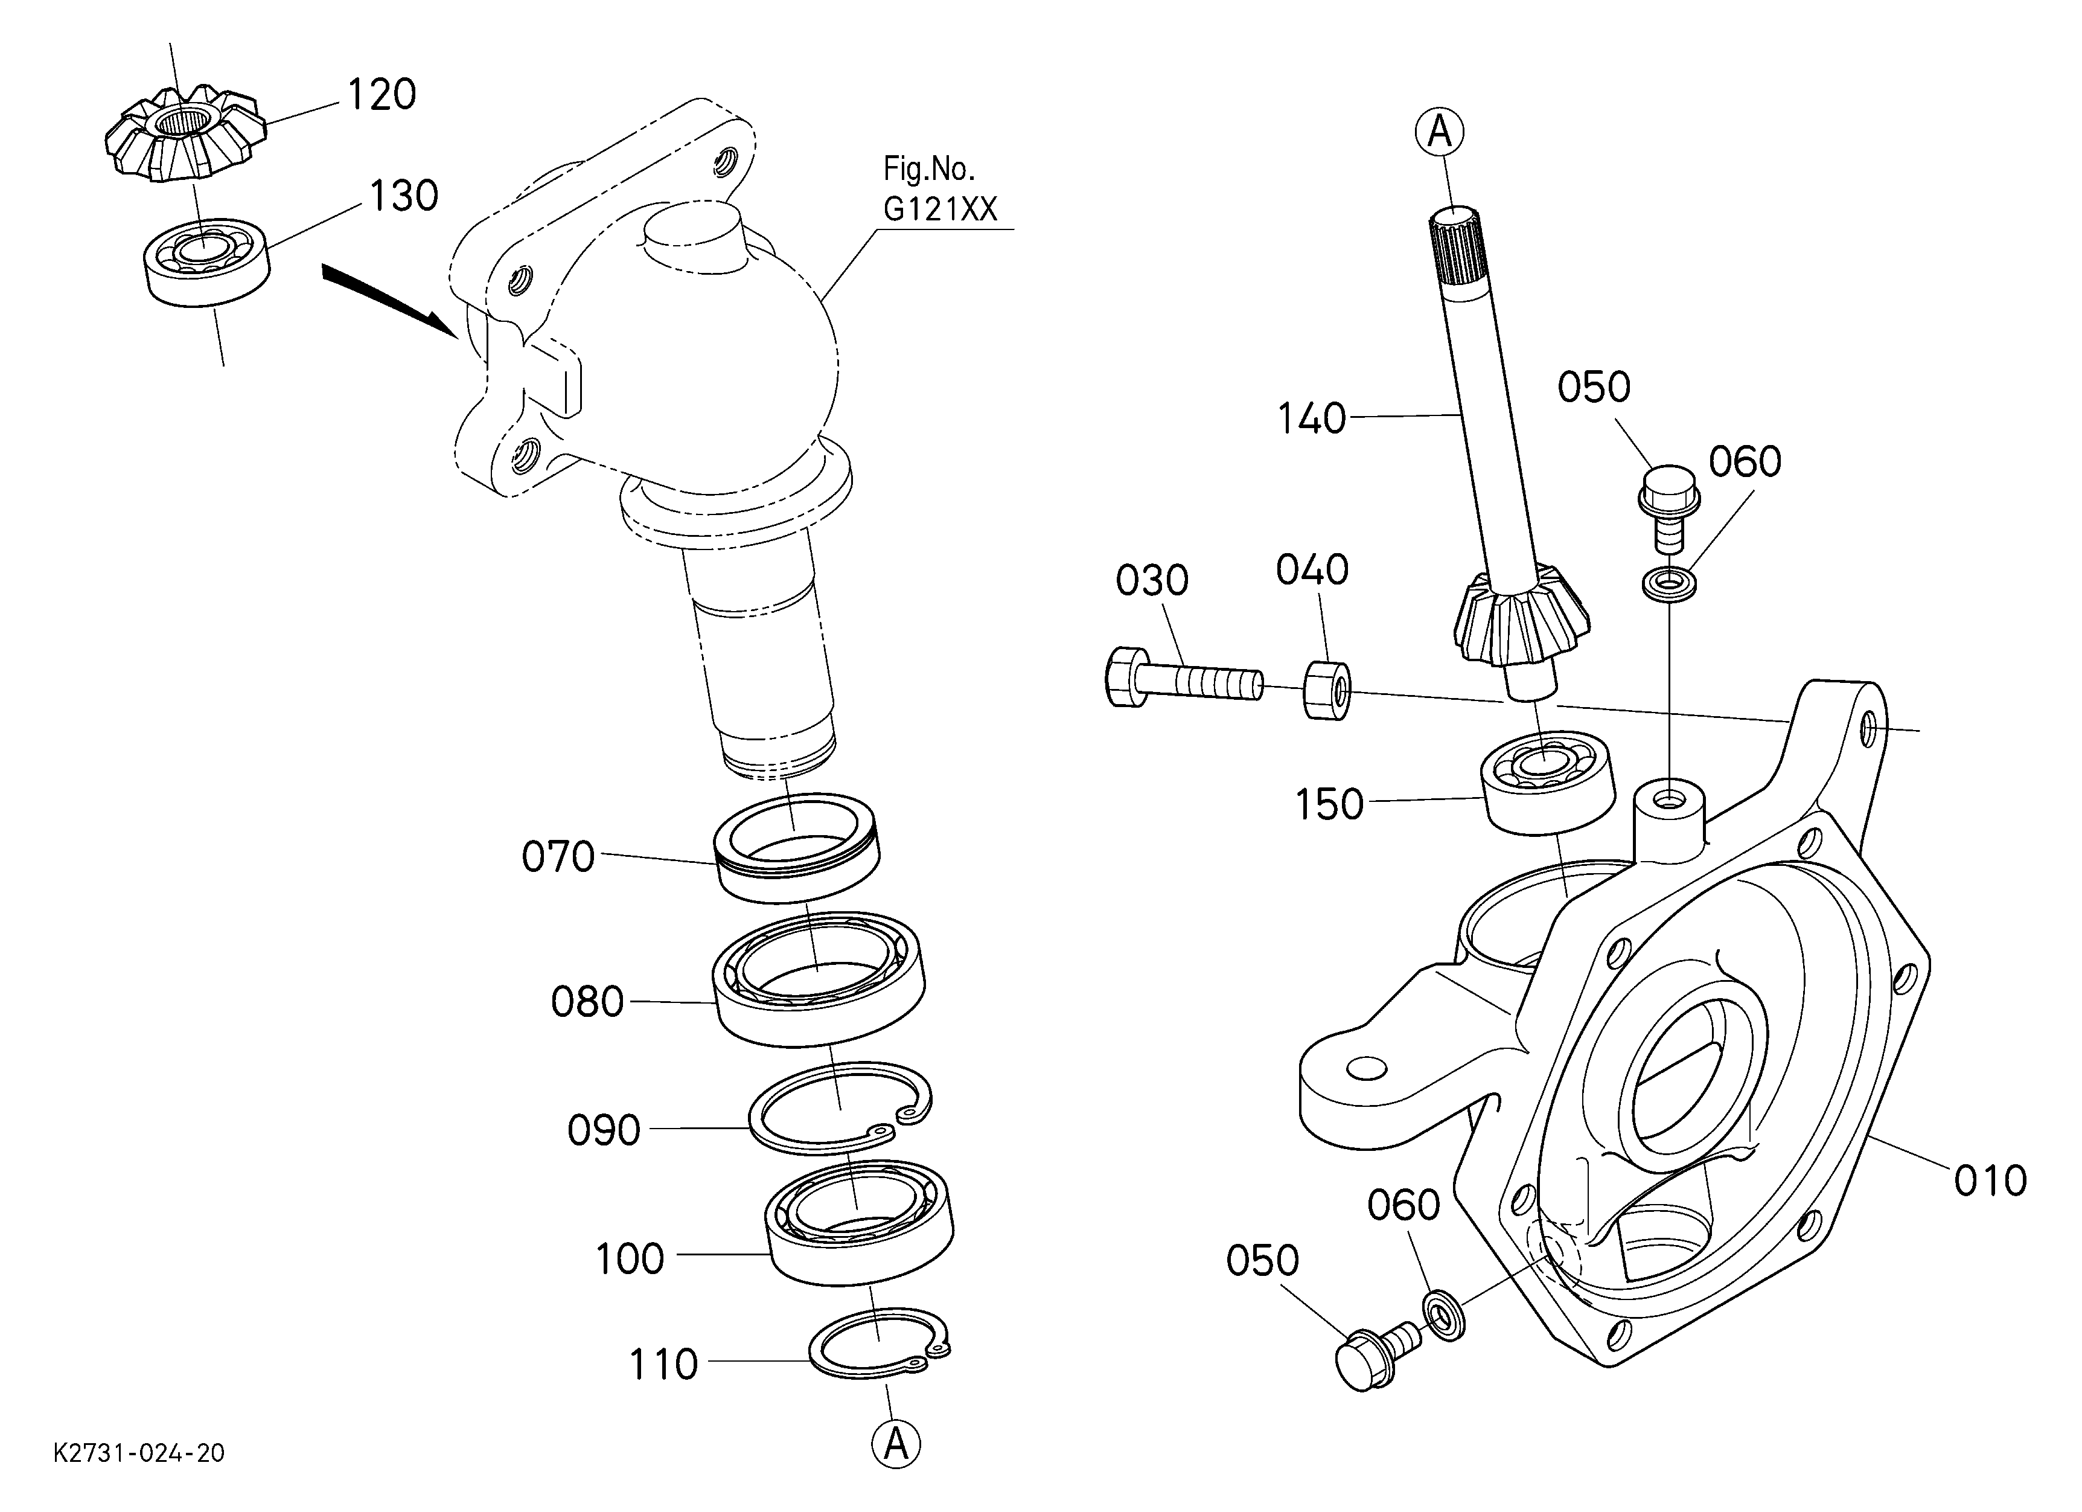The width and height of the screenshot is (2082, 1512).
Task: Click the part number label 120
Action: [381, 95]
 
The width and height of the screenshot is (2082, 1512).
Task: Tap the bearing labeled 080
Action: [819, 978]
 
